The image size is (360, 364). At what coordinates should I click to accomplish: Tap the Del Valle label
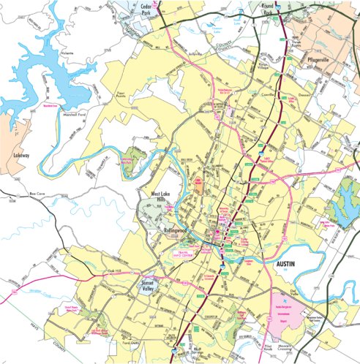(x=316, y=288)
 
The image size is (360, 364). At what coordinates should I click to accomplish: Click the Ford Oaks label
(x=130, y=342)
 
